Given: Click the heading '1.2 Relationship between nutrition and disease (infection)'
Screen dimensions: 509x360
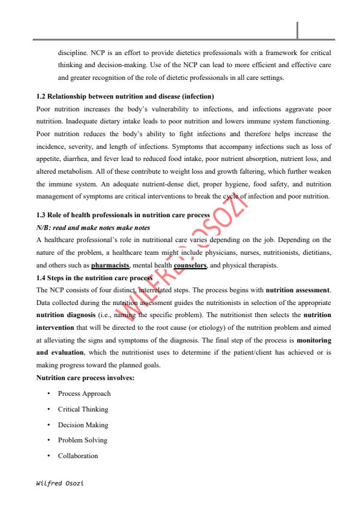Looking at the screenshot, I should click(125, 97).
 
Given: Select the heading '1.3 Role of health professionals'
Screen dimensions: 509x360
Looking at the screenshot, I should click(123, 215).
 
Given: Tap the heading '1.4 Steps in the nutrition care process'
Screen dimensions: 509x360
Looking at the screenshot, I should click(94, 278).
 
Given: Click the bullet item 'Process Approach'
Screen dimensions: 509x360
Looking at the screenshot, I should click(84, 393).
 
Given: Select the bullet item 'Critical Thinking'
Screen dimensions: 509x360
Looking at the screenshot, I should click(83, 409).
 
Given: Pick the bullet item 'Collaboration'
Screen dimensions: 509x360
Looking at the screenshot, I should click(78, 456).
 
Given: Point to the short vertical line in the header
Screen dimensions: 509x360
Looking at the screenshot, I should click(298, 28).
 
